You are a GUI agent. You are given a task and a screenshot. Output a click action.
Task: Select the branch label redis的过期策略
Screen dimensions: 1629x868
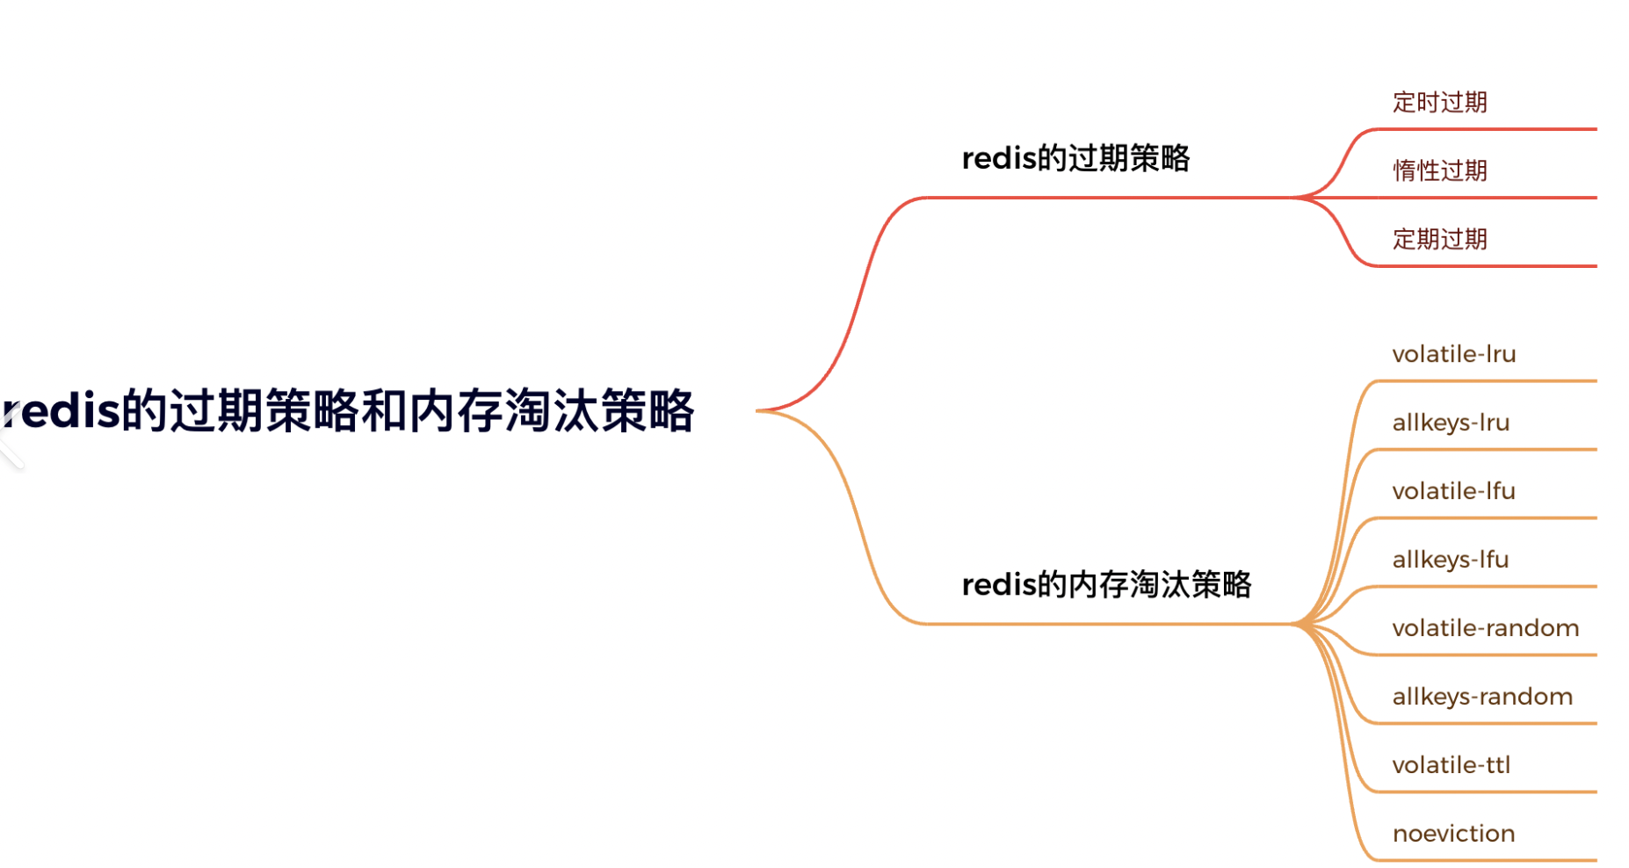[1075, 158]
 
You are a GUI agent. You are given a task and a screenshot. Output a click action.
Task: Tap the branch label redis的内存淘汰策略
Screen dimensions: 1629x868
[1106, 584]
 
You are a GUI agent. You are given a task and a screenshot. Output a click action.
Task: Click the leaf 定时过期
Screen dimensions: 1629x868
[1439, 102]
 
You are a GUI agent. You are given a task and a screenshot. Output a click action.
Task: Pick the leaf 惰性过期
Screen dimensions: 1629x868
[1439, 170]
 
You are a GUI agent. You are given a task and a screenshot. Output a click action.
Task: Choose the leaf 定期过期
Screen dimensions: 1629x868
[1439, 239]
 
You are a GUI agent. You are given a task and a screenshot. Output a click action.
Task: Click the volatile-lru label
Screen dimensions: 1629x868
[1454, 354]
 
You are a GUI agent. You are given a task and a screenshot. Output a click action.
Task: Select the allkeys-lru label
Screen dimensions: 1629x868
[1451, 423]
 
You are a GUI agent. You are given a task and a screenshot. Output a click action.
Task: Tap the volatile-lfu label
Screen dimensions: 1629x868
[1454, 491]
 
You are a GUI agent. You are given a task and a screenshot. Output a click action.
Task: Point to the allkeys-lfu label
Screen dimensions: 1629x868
[1451, 560]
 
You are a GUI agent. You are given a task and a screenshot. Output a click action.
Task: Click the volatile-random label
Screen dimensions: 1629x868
[1486, 628]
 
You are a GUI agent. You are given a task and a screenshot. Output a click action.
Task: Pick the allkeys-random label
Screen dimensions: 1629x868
[1482, 697]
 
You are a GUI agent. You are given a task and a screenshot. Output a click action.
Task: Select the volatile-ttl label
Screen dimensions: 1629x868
[1452, 765]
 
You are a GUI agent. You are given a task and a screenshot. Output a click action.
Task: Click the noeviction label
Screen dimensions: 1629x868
[1454, 834]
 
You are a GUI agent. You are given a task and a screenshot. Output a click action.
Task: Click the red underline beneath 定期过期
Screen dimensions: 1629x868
[1494, 265]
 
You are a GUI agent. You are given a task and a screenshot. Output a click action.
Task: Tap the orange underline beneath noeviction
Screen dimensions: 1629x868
[1494, 860]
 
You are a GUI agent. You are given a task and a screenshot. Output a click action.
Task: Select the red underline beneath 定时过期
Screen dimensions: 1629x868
[1494, 129]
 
